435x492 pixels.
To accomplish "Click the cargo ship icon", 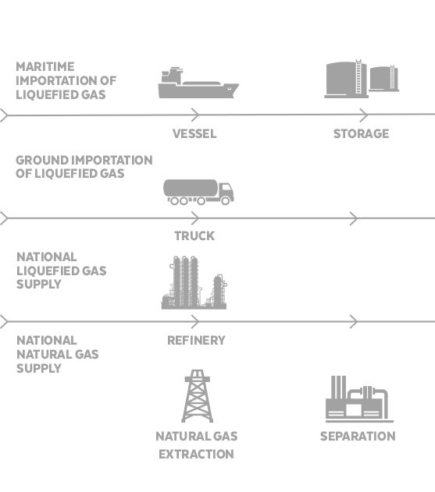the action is click(198, 83).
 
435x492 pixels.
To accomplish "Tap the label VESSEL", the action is click(194, 134).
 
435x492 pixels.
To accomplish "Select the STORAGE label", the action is click(361, 134).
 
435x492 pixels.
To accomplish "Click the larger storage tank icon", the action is click(346, 79).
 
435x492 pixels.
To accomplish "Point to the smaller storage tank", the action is click(383, 79).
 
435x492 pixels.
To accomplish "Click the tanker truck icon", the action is click(198, 192).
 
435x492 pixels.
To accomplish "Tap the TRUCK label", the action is click(194, 236).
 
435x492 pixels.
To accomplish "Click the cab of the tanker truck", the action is click(226, 193).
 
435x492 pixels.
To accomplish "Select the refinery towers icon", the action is click(194, 282).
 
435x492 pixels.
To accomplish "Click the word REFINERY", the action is click(196, 341).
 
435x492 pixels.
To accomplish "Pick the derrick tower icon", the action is click(197, 396).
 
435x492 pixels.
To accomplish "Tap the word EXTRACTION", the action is click(196, 455).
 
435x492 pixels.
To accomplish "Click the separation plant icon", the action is click(359, 399).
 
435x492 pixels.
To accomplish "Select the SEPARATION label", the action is click(358, 437).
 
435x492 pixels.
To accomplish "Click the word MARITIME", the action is click(45, 67).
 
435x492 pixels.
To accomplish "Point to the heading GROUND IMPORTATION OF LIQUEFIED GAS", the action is click(84, 167).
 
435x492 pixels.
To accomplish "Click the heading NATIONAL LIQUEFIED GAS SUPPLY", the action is click(61, 271).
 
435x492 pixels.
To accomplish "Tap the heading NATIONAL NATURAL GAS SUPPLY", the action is click(58, 354).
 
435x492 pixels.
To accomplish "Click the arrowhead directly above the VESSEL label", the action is click(195, 115).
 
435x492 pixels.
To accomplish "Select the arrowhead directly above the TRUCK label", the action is click(195, 218).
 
